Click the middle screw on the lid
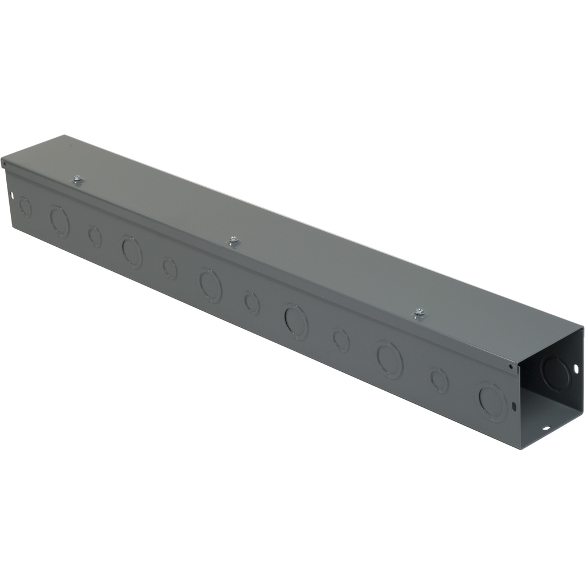233,241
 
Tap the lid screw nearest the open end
419,312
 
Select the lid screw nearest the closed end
77,180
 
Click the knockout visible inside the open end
555,374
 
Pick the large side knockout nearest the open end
491,402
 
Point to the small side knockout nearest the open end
439,380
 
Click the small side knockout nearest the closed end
25,207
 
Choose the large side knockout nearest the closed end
59,221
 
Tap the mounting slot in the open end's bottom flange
546,428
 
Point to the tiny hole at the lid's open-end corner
510,367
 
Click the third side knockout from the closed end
95,236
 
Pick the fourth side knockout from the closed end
132,252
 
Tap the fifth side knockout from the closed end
170,268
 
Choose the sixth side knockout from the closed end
210,285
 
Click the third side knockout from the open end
390,359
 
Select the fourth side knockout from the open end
341,339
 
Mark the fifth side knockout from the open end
296,321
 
